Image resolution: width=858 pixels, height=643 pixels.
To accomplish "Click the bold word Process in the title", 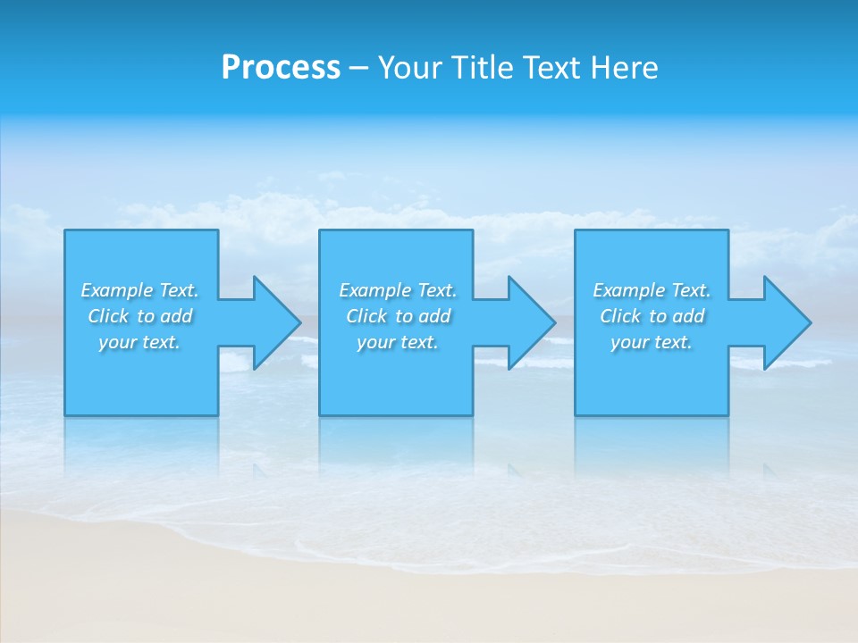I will pos(281,68).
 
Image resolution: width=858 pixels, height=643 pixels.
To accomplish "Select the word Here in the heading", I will pos(623,68).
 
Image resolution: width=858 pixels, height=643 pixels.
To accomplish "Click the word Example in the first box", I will pos(117,290).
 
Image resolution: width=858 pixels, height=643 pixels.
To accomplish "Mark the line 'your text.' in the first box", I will pos(139,342).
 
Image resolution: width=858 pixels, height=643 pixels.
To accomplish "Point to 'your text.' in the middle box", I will pos(398,342).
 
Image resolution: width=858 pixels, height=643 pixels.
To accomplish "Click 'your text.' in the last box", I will pos(652,342).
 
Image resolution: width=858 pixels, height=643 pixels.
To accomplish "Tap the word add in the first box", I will pos(177,316).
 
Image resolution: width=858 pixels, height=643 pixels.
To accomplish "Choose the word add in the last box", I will pos(689,316).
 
